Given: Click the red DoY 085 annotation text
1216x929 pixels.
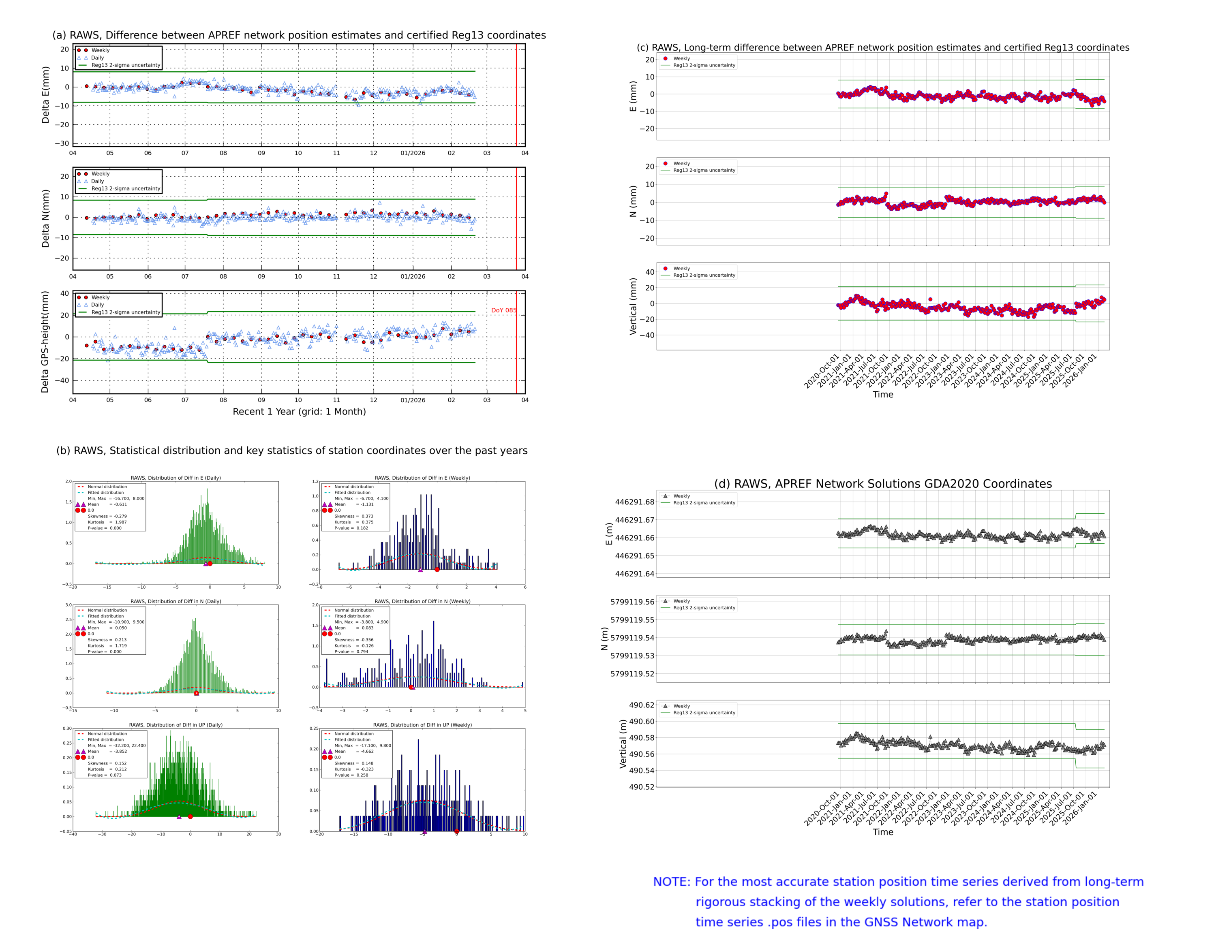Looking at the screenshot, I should [503, 310].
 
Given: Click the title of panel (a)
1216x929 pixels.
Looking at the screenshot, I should [299, 35].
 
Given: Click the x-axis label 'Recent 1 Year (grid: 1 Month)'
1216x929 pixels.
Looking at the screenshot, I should [299, 411].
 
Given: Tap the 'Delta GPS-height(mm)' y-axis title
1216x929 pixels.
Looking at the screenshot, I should [45, 342].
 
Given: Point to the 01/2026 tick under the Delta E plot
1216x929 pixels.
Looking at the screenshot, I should [413, 153].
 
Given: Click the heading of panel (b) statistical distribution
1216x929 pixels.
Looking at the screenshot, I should [291, 451].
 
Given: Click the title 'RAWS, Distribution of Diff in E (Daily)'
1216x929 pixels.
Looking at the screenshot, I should [176, 478].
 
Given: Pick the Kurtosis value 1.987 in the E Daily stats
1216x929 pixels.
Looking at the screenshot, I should [121, 522].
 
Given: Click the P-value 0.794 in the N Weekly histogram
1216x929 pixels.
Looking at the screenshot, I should [362, 651].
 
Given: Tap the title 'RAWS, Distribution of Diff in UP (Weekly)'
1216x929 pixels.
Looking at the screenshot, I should [422, 725].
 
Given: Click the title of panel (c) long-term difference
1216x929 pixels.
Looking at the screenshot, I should [882, 47].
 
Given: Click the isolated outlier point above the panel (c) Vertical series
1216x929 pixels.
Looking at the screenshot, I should [930, 299].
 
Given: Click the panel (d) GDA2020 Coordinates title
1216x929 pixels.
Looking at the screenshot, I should [882, 484].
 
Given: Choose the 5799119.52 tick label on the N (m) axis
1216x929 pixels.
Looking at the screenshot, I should [632, 673].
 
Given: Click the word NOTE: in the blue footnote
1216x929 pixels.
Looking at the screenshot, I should [671, 882].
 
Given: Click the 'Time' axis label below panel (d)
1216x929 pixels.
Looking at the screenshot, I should [882, 832].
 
